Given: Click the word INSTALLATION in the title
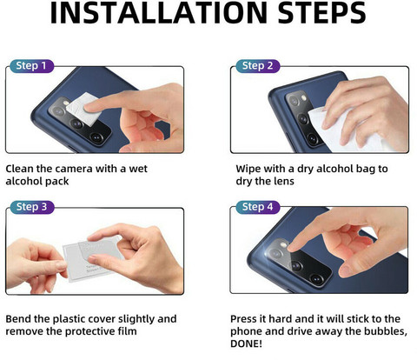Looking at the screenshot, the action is pyautogui.click(x=158, y=13).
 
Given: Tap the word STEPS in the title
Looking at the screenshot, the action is pyautogui.click(x=321, y=13).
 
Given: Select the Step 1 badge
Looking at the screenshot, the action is pyautogui.click(x=31, y=66).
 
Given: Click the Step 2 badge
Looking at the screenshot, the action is pyautogui.click(x=257, y=66).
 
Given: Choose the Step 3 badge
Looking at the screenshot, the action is pyautogui.click(x=31, y=207).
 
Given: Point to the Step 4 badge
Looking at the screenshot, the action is pyautogui.click(x=257, y=207).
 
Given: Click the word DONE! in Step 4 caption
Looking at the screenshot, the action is pyautogui.click(x=246, y=343).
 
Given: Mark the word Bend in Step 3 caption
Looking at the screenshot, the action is pyautogui.click(x=18, y=319).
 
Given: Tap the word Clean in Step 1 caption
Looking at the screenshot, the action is pyautogui.click(x=19, y=169).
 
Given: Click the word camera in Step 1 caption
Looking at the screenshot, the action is pyautogui.click(x=74, y=169).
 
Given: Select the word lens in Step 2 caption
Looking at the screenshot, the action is pyautogui.click(x=284, y=181).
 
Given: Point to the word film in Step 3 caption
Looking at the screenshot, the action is pyautogui.click(x=127, y=331).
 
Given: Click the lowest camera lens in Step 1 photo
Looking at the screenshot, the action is pyautogui.click(x=96, y=137).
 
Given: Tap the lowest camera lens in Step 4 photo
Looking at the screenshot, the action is pyautogui.click(x=316, y=279).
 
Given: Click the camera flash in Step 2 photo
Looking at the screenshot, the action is pyautogui.click(x=304, y=98).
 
